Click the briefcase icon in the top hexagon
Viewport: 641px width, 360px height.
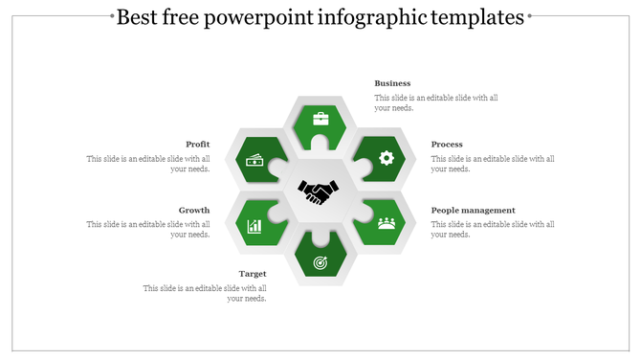[x=320, y=120]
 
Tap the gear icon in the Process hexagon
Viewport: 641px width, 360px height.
[x=387, y=158]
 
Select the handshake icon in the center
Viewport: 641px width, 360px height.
[x=318, y=192]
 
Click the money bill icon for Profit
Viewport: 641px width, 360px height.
[x=255, y=160]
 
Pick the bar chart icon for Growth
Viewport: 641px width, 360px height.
[x=255, y=226]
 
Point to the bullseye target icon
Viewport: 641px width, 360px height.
[x=320, y=259]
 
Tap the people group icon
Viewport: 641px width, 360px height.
[x=387, y=223]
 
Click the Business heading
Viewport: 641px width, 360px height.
[x=392, y=83]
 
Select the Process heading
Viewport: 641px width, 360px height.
[x=447, y=145]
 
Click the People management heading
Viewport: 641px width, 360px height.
[x=473, y=210]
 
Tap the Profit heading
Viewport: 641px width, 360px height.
[x=198, y=145]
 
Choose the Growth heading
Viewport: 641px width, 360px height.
[x=194, y=210]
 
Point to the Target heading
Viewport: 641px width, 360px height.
[x=253, y=274]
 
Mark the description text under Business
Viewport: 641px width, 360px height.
[x=435, y=102]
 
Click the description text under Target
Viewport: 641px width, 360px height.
[x=205, y=293]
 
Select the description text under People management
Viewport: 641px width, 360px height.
[x=493, y=229]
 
